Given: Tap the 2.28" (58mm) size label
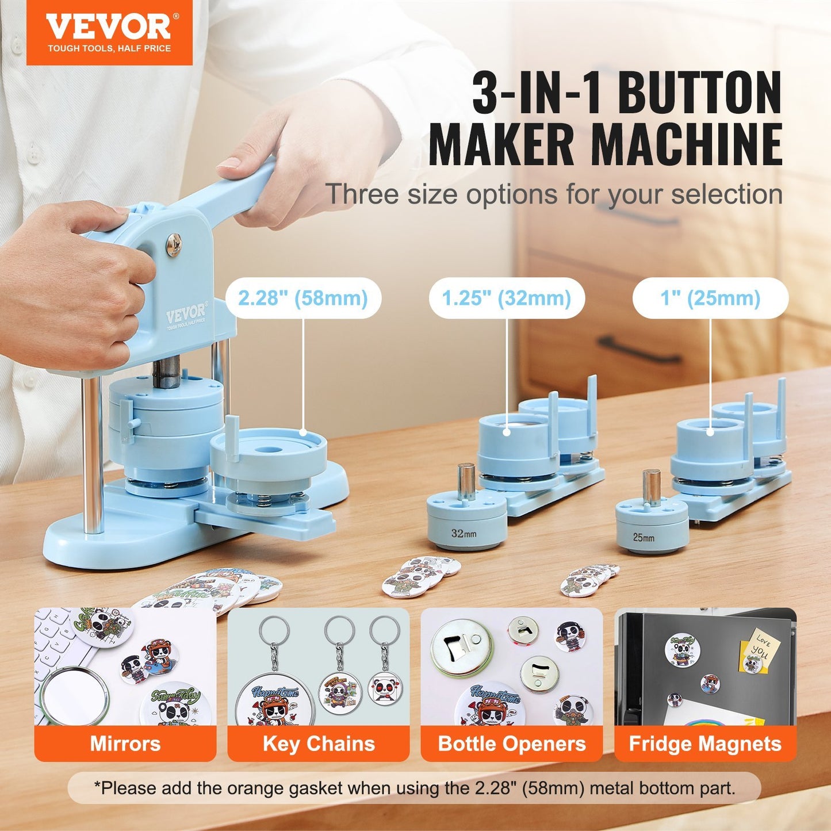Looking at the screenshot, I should pos(302,298).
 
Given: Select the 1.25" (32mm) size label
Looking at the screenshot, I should pos(506,298).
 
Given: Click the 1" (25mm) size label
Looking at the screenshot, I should pos(710,298).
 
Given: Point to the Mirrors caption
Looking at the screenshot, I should pos(125,744).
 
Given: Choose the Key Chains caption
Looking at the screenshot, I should pos(319,744).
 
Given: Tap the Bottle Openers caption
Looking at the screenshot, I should pos(511,744).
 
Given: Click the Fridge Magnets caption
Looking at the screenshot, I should pos(705,744).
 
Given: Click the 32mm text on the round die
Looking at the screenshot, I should pos(464,533).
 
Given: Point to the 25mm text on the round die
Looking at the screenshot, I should pos(644,537).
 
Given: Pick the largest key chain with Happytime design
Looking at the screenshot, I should pos(270,699).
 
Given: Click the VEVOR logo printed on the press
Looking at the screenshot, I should pos(185,315).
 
